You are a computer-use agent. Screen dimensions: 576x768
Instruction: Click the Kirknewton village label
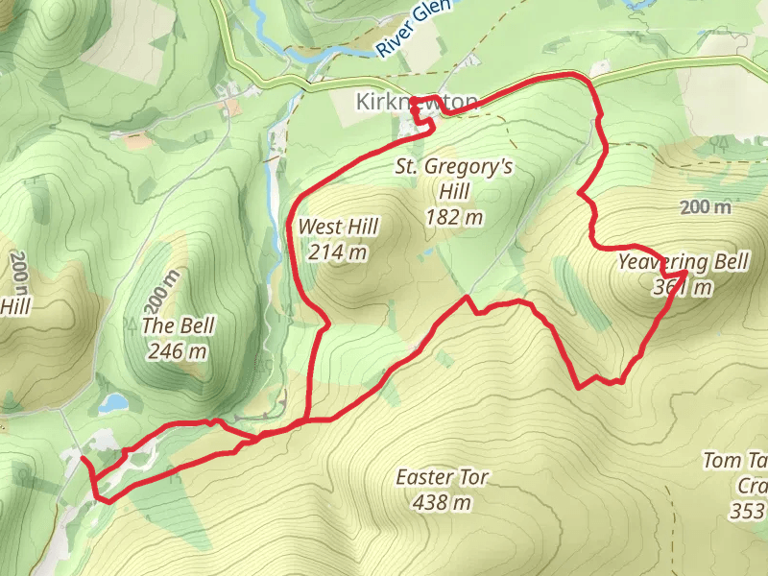click(416, 101)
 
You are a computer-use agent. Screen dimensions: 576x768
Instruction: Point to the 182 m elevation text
click(454, 217)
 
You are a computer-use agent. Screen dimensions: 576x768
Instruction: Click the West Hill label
click(338, 228)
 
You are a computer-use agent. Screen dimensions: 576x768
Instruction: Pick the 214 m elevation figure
click(338, 253)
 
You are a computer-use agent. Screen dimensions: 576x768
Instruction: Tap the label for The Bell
click(178, 325)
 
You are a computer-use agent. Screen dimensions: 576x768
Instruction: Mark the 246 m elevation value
click(178, 351)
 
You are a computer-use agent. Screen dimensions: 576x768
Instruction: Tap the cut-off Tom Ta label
click(734, 462)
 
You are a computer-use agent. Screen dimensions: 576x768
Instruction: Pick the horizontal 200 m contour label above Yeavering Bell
click(706, 207)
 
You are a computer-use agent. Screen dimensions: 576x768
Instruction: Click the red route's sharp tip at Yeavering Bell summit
click(684, 274)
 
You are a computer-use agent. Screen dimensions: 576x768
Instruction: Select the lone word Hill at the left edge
click(15, 307)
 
